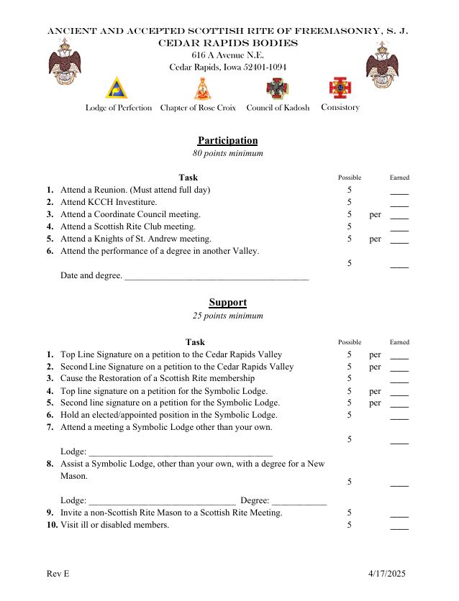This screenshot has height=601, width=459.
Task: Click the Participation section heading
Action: click(227, 141)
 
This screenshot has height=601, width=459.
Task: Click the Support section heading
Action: click(227, 303)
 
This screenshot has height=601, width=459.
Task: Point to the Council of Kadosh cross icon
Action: click(277, 88)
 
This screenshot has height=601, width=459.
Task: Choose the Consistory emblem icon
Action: click(340, 88)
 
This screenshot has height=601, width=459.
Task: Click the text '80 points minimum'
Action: click(227, 154)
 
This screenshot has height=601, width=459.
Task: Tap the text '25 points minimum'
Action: click(227, 316)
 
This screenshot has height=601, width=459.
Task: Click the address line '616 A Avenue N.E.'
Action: click(227, 55)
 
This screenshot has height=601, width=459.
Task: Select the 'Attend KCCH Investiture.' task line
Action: click(109, 202)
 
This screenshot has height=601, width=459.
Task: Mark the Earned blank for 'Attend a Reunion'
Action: click(399, 192)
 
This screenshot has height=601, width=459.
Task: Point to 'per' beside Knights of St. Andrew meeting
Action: click(375, 239)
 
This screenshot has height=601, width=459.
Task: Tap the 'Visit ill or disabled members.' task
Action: click(115, 525)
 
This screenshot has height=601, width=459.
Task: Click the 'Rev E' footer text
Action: click(58, 574)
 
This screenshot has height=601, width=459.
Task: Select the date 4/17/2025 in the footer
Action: click(387, 574)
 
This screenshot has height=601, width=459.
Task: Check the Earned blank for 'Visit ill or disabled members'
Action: click(399, 527)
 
